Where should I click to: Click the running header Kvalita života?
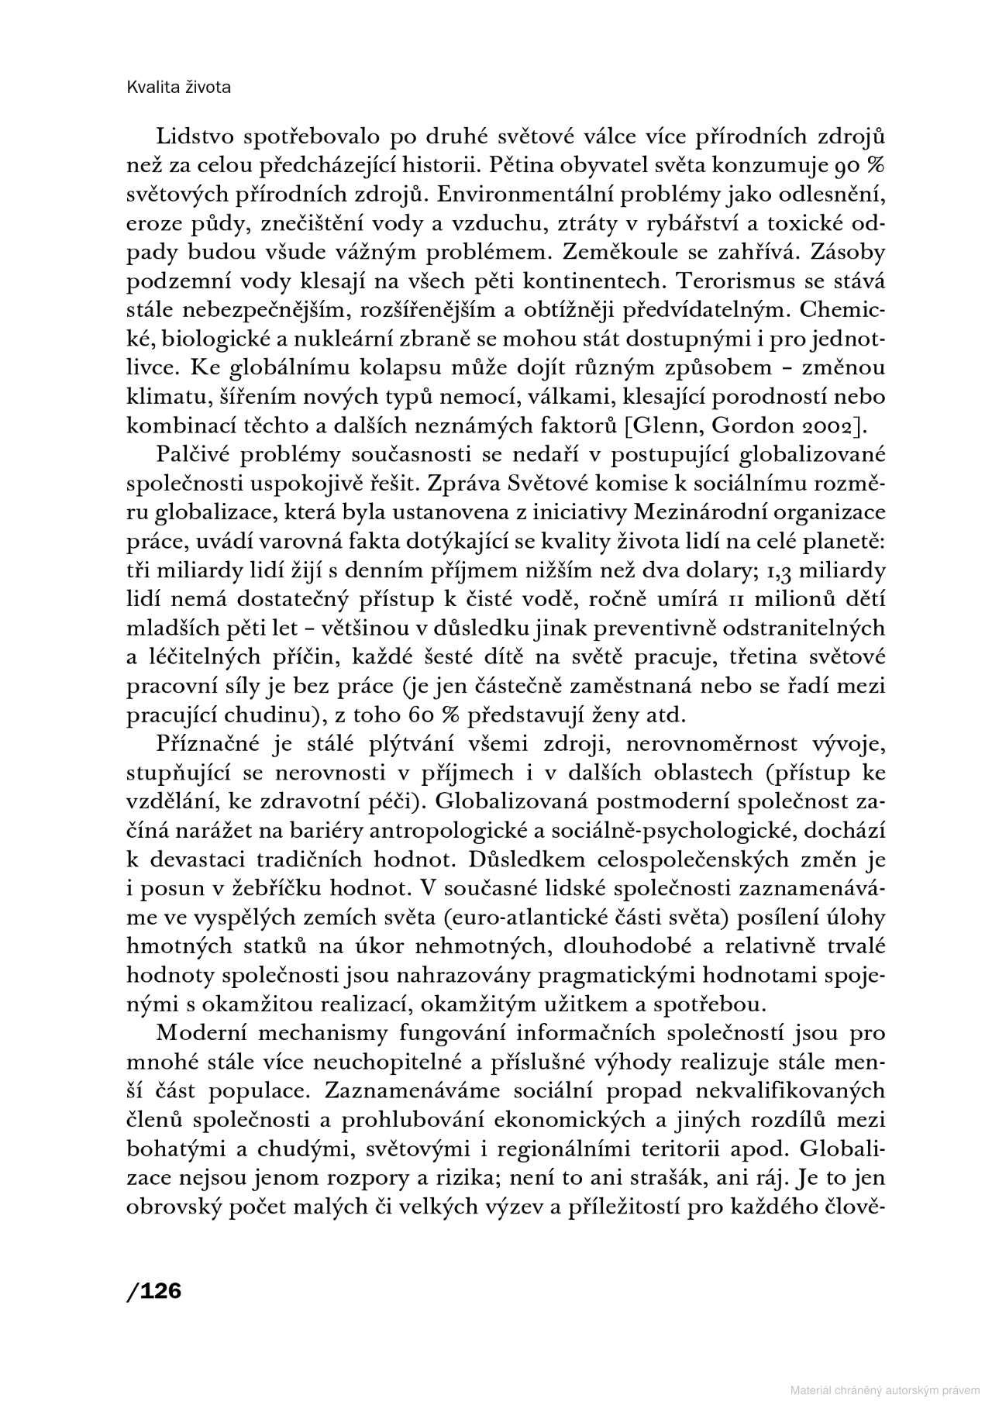[x=177, y=88]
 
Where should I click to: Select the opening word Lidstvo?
[x=195, y=137]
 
